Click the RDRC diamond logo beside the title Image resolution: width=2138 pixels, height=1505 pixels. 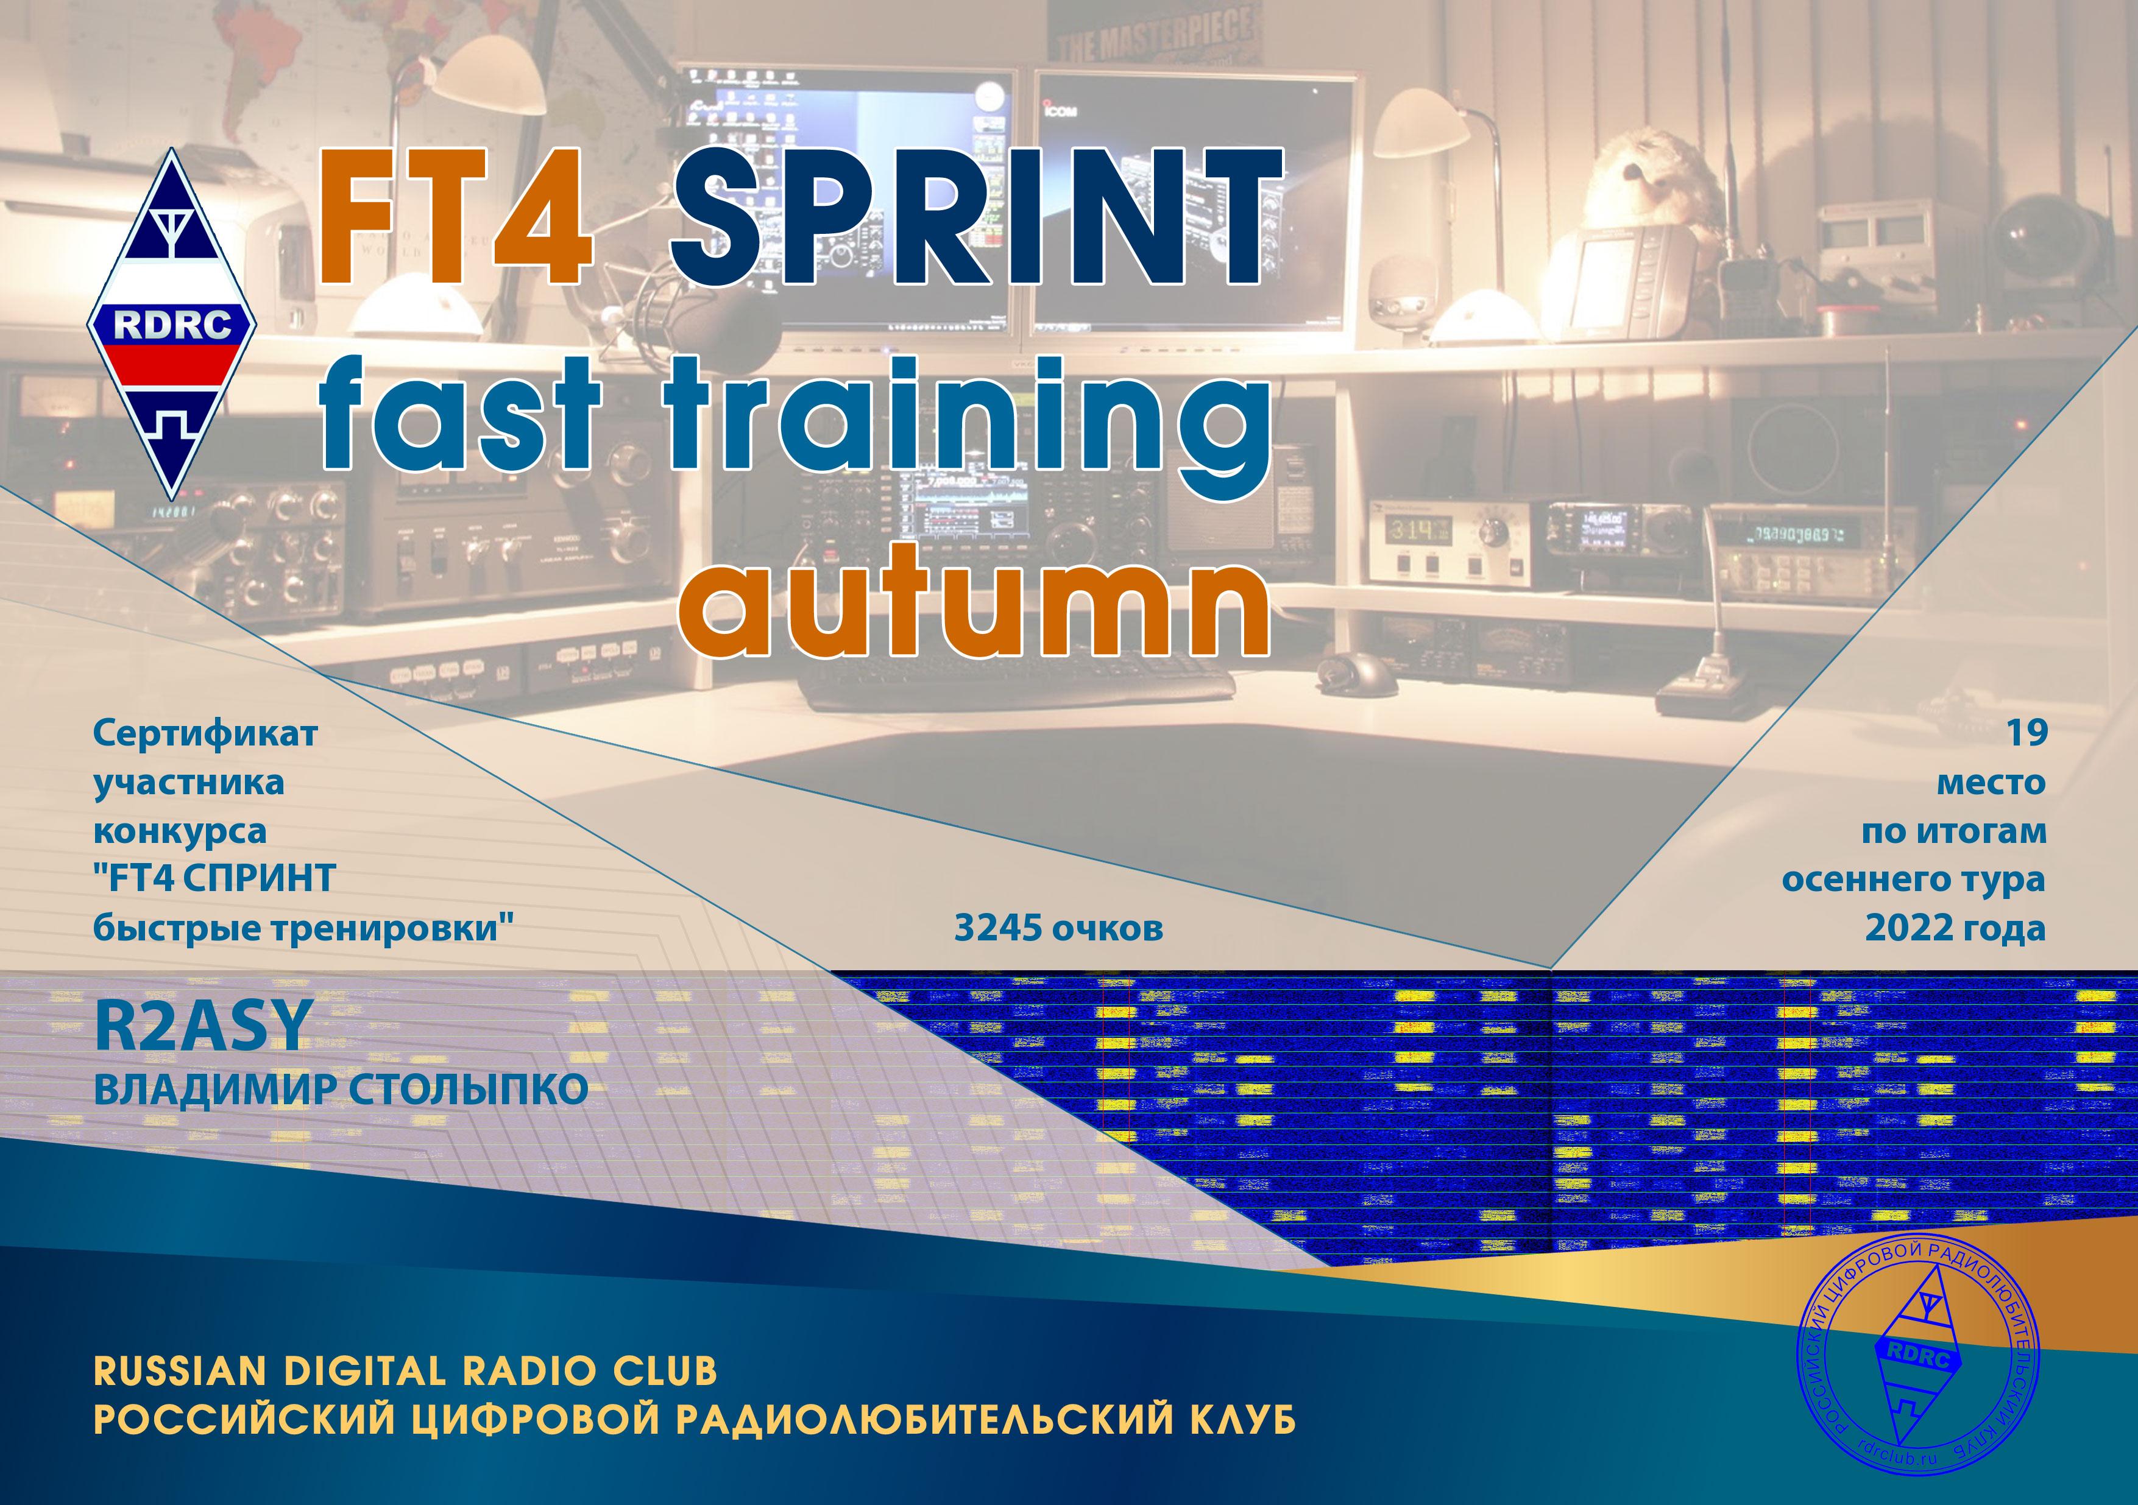172,324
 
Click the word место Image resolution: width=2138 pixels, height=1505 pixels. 1991,783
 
